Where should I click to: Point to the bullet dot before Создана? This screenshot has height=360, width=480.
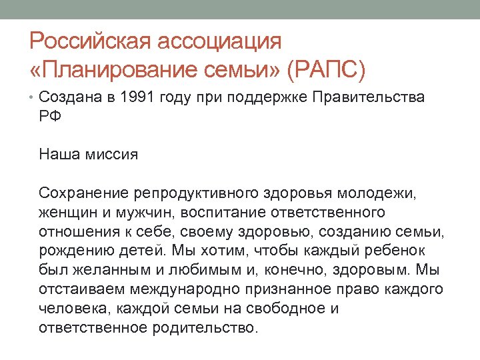point(33,98)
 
